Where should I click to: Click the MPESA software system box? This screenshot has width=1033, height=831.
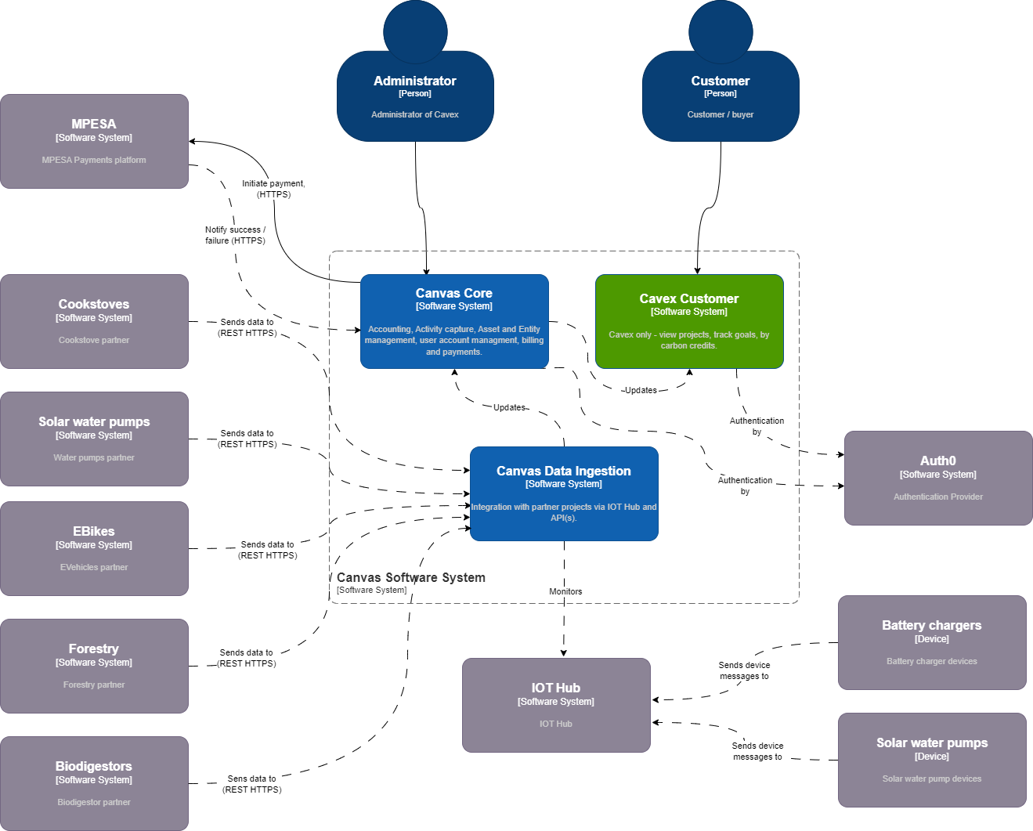94,141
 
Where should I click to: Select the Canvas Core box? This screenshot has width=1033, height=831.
454,321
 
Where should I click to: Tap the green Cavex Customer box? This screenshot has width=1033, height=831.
689,321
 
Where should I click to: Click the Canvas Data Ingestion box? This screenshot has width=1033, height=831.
564,493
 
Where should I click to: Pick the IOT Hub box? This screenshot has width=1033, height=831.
556,705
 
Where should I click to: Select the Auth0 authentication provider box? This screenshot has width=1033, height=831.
938,478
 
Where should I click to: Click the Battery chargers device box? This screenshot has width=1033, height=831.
932,642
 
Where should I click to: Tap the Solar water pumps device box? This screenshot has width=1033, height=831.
932,760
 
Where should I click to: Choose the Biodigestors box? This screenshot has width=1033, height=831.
94,783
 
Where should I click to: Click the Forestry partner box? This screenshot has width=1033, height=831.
94,666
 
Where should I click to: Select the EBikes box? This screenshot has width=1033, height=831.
94,548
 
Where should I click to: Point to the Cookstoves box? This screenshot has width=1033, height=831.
94,321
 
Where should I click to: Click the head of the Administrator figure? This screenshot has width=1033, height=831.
415,31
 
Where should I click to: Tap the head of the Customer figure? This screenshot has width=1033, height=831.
721,31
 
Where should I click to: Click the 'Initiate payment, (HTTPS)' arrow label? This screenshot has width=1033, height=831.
273,189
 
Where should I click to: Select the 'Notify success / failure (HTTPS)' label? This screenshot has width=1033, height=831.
235,235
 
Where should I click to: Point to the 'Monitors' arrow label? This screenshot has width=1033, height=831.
565,591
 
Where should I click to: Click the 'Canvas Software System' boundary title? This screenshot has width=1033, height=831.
411,577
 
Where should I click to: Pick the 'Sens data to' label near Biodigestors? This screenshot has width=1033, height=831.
251,784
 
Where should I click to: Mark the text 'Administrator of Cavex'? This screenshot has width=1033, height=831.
415,114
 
